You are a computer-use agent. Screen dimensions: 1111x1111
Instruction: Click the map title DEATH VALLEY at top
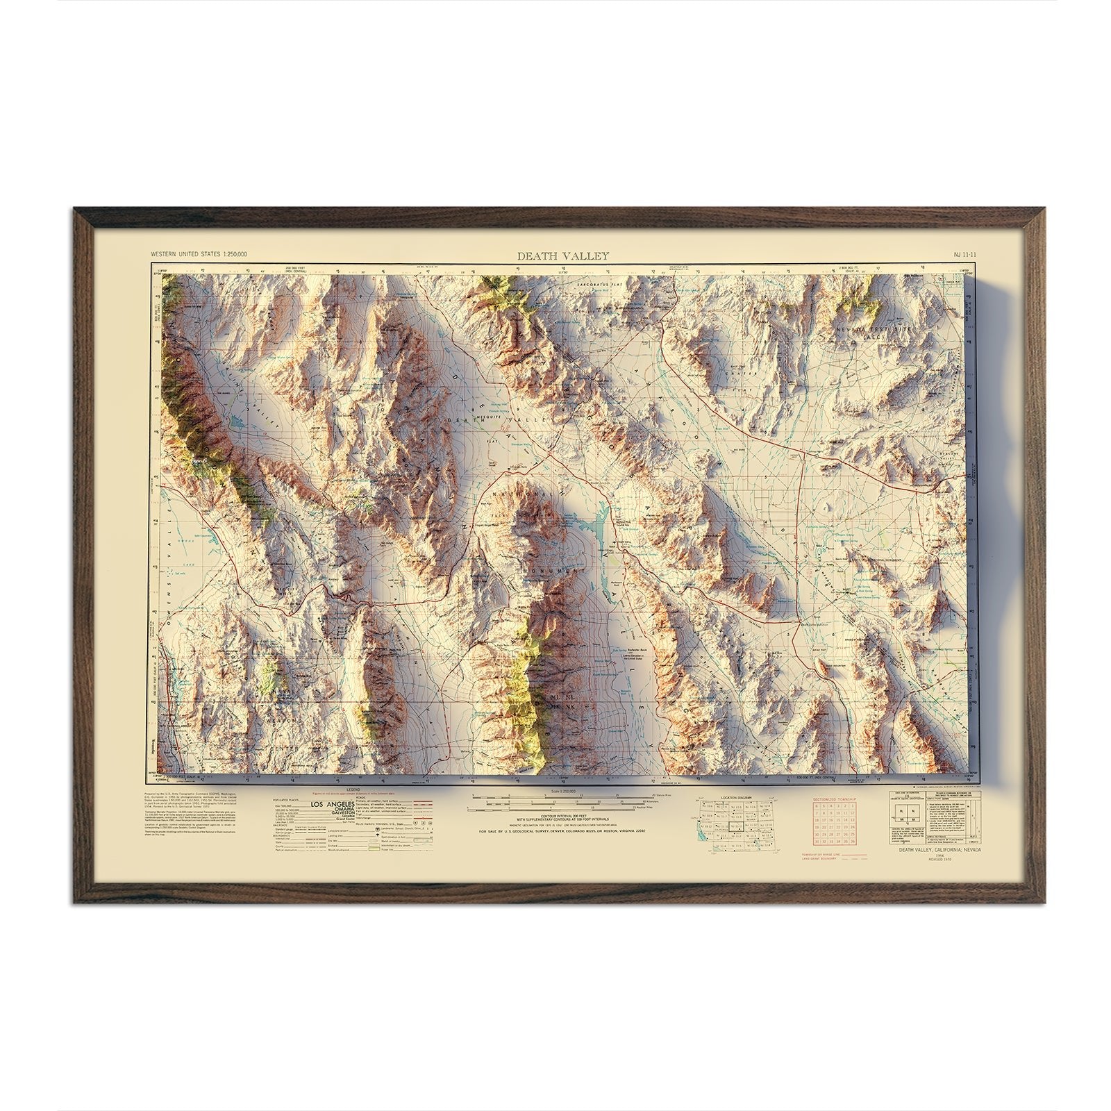click(x=562, y=256)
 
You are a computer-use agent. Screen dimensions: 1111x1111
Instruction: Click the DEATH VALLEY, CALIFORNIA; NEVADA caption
click(x=936, y=869)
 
